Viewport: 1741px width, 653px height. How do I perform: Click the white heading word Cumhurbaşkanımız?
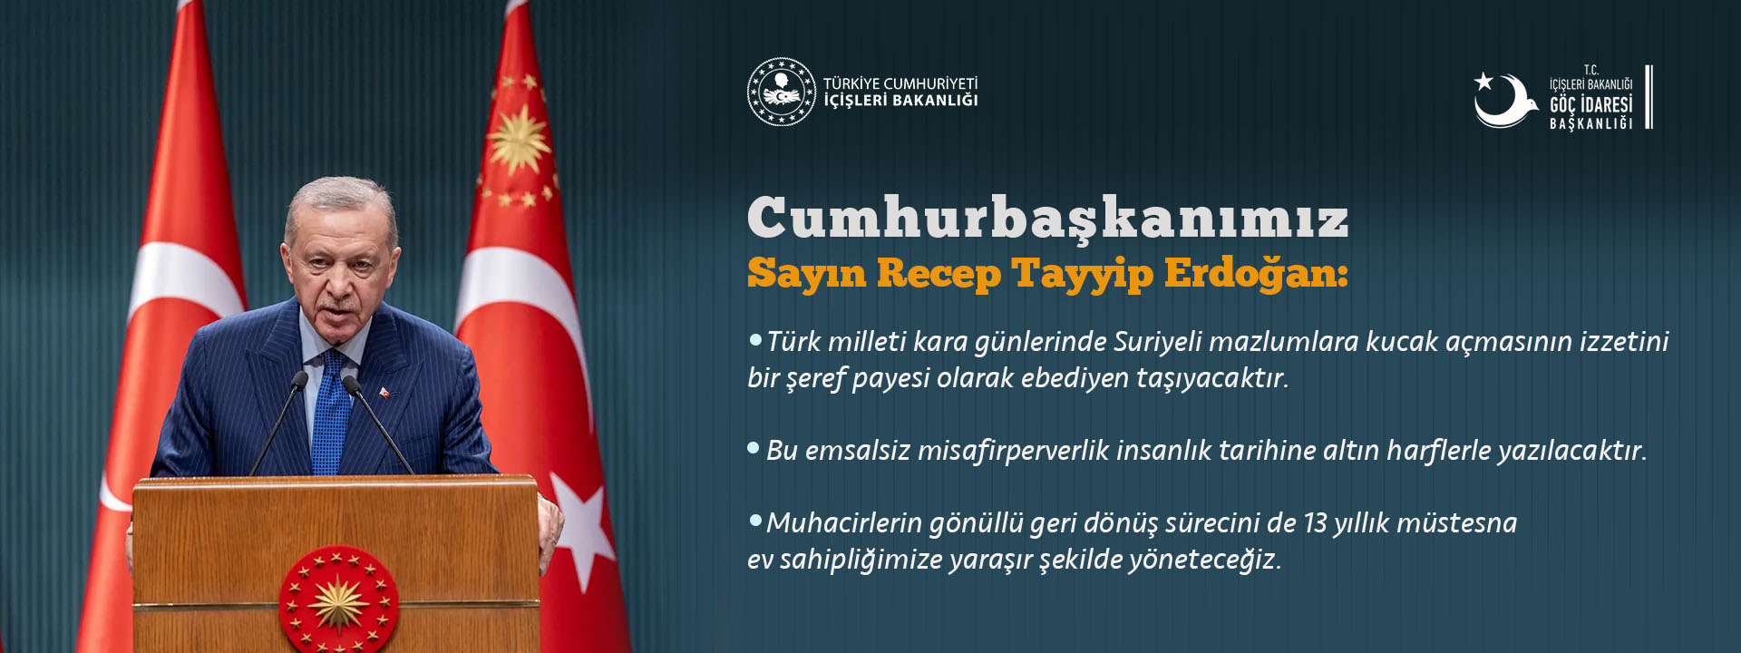pyautogui.click(x=1048, y=219)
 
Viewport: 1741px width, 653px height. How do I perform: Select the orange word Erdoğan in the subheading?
pyautogui.click(x=1256, y=273)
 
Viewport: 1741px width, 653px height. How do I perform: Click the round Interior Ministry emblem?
pyautogui.click(x=782, y=92)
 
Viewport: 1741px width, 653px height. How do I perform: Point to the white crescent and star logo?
pyautogui.click(x=1504, y=100)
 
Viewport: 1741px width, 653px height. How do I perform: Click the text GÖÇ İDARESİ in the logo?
pyautogui.click(x=1590, y=104)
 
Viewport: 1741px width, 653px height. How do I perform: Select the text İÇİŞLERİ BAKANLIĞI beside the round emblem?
pyautogui.click(x=900, y=101)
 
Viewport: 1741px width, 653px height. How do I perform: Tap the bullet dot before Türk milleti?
pyautogui.click(x=755, y=339)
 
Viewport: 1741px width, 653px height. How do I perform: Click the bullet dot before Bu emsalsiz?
pyautogui.click(x=754, y=448)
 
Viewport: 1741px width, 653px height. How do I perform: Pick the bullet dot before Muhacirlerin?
pyautogui.click(x=755, y=521)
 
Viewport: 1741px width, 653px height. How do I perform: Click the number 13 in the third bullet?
pyautogui.click(x=1315, y=523)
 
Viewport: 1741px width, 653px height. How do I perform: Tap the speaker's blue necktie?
pyautogui.click(x=331, y=413)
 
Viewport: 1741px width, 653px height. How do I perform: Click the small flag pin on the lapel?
pyautogui.click(x=384, y=393)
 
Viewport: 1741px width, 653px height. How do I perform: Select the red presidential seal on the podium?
pyautogui.click(x=338, y=599)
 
